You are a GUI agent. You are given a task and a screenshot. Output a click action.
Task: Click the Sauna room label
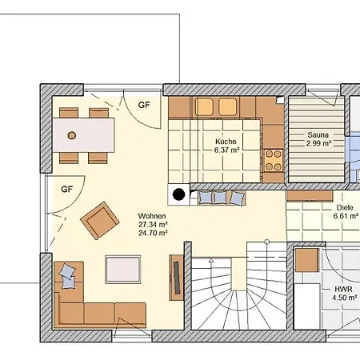[x=318, y=134]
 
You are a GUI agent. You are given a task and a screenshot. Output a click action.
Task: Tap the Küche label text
[x=226, y=142]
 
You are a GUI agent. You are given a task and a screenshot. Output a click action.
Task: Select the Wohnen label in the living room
[x=152, y=216]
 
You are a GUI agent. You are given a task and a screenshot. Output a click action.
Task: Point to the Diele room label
[x=345, y=207]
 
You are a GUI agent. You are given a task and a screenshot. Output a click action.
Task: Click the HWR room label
[x=343, y=289]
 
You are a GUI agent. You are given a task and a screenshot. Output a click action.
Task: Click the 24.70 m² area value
[x=153, y=233]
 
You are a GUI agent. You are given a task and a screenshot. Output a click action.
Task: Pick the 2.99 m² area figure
[x=318, y=143]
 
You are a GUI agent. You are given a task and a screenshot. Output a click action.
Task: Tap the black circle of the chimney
[x=178, y=194]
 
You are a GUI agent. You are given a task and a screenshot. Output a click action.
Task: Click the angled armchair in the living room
[x=100, y=221]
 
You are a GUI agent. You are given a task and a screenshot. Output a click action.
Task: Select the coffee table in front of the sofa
[x=122, y=270]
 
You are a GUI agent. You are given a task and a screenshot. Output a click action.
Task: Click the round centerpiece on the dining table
[x=72, y=135]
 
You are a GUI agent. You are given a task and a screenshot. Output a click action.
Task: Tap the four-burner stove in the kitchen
[x=274, y=161]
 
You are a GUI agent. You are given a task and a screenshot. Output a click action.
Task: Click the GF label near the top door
[x=144, y=105]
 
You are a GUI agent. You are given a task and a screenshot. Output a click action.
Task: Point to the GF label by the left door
[x=66, y=190]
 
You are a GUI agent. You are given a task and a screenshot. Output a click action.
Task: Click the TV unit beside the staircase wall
[x=177, y=278]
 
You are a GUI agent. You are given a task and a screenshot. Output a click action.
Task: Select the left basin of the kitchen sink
[x=204, y=106]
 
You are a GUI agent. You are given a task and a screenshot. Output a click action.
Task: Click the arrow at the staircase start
[x=211, y=262]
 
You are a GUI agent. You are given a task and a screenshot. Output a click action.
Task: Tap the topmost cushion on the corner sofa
[x=67, y=270]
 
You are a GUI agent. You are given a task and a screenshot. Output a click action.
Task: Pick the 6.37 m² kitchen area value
[x=226, y=150]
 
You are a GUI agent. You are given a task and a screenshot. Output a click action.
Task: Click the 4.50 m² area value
[x=345, y=298]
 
